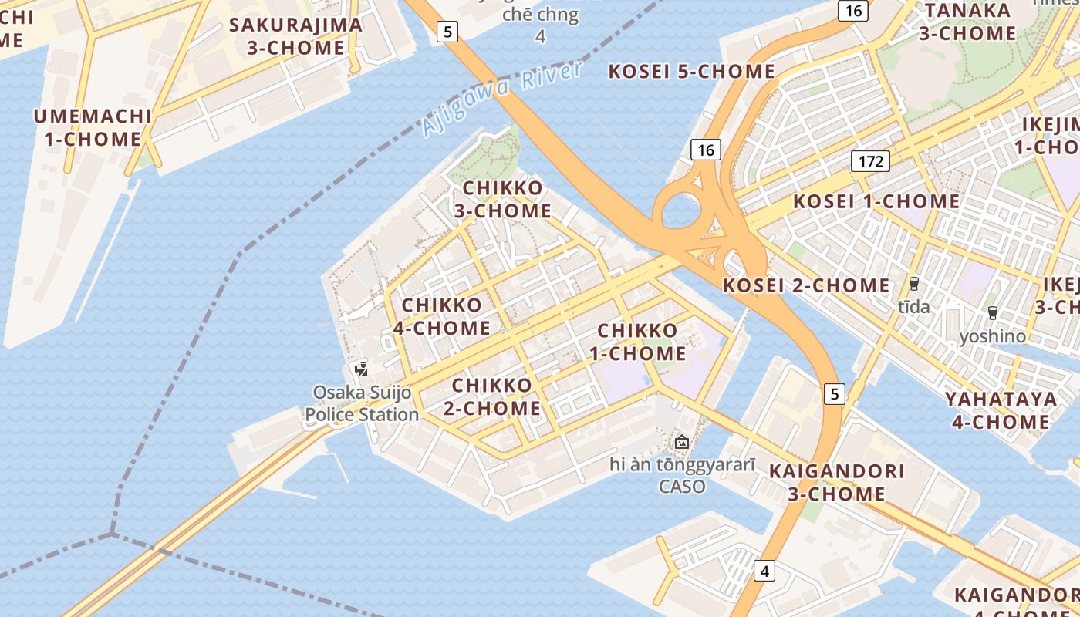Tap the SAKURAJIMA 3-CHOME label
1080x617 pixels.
[295, 36]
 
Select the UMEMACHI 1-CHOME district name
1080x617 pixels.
[92, 128]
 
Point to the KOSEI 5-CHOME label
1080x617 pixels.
[691, 72]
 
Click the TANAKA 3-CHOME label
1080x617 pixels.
[967, 22]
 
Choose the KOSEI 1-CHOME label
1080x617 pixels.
[876, 202]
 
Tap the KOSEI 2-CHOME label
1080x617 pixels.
[805, 285]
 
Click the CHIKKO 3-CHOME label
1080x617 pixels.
[502, 200]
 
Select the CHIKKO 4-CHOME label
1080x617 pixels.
[442, 317]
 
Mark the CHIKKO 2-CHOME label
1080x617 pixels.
[492, 396]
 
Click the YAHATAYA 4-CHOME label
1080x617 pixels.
[1001, 410]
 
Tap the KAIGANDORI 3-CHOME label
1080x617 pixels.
[836, 482]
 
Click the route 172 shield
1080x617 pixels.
[870, 161]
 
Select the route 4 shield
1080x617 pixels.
[764, 571]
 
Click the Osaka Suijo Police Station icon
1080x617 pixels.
[360, 369]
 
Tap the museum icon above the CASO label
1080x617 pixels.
[681, 442]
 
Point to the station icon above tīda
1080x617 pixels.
[914, 284]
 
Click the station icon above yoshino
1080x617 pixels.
[992, 313]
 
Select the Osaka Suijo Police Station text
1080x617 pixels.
[362, 404]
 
